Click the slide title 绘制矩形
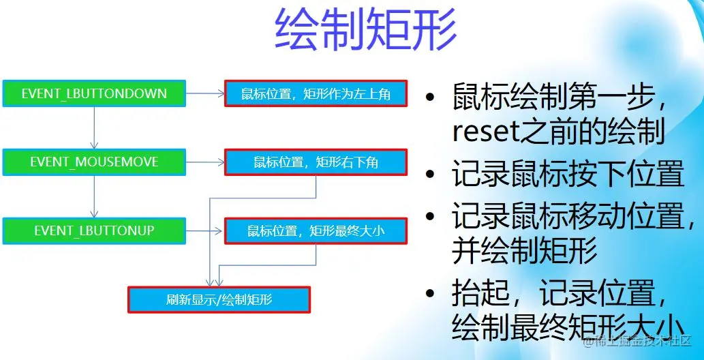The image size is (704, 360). [x=365, y=30]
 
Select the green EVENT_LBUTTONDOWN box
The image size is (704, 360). [x=94, y=93]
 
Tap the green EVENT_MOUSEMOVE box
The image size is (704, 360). [x=94, y=162]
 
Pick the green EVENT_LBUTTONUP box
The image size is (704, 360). [x=94, y=231]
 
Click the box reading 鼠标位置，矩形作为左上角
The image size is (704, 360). [x=316, y=93]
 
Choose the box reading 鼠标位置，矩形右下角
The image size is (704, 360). [x=316, y=162]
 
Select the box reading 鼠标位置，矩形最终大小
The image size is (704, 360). [x=316, y=231]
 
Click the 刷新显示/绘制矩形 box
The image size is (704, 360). [x=219, y=299]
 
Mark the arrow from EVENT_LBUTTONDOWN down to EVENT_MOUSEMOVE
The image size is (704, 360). [x=95, y=128]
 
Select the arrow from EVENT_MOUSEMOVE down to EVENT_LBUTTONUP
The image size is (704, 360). [x=95, y=197]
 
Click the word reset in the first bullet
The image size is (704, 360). [x=481, y=132]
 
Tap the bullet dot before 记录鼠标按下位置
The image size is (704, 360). [x=429, y=176]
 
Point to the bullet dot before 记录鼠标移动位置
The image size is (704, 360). [x=429, y=217]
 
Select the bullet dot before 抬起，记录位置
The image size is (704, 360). [x=429, y=295]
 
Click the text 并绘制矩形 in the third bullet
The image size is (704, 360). [x=524, y=252]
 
